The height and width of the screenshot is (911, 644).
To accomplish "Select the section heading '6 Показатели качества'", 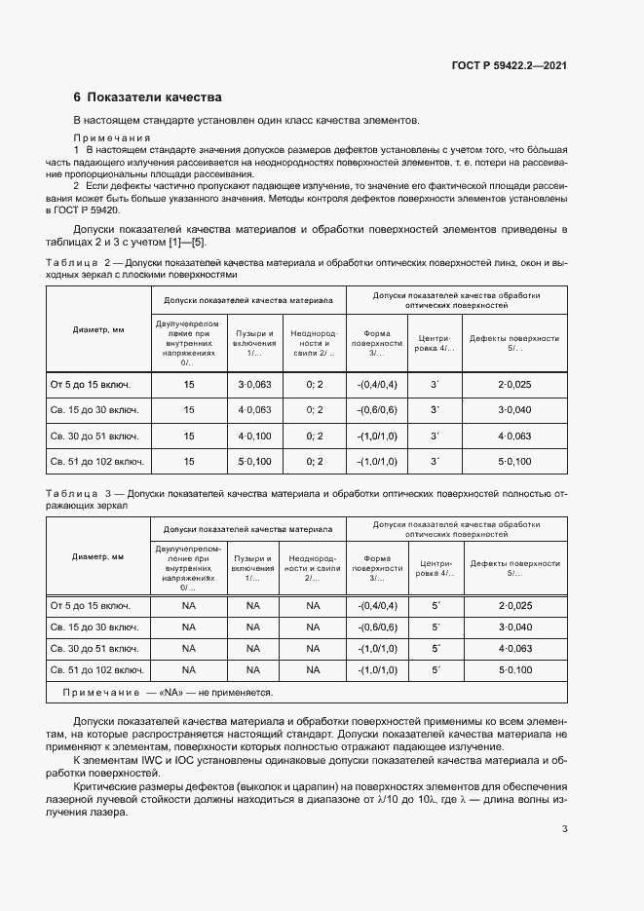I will [x=148, y=97].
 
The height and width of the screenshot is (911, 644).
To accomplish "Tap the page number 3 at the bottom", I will [x=565, y=829].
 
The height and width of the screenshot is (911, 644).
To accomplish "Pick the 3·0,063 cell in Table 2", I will [x=254, y=385].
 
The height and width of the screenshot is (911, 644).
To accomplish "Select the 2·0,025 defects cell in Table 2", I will [x=515, y=385].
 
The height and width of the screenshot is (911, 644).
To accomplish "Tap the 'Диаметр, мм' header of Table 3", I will [x=97, y=556].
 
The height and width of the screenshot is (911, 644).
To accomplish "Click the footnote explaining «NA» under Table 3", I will [x=168, y=693].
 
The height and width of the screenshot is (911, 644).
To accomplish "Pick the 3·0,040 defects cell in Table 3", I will [x=515, y=627].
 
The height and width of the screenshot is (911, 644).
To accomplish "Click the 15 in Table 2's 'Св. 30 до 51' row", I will [x=189, y=436].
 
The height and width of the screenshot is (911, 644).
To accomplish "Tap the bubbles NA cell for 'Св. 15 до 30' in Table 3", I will [x=253, y=627].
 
